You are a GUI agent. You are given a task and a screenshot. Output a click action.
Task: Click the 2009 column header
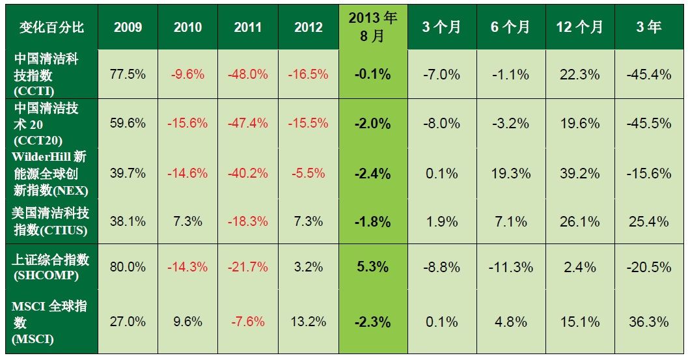pyautogui.click(x=128, y=27)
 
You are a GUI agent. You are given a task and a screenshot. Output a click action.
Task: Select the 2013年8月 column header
pyautogui.click(x=373, y=27)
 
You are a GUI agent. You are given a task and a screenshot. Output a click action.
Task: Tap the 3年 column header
pyautogui.click(x=648, y=27)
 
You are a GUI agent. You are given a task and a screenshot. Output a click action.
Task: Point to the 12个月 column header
pyautogui.click(x=579, y=27)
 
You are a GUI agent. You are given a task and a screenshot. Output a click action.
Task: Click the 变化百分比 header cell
pyautogui.click(x=51, y=27)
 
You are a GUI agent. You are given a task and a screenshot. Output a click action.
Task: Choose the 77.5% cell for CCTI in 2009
pyautogui.click(x=128, y=74)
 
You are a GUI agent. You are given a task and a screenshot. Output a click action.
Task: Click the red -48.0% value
pyautogui.click(x=247, y=74)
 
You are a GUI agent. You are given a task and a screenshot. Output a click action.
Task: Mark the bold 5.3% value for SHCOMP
pyautogui.click(x=373, y=267)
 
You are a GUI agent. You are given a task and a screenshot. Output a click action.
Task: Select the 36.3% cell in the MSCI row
pyautogui.click(x=648, y=322)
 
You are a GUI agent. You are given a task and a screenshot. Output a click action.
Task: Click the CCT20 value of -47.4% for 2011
pyautogui.click(x=247, y=123)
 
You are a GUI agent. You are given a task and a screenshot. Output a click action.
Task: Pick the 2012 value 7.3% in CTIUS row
pyautogui.click(x=309, y=221)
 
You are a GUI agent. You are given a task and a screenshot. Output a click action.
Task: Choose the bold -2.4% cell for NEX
pyautogui.click(x=373, y=173)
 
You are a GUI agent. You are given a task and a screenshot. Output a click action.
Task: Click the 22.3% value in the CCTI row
pyautogui.click(x=579, y=74)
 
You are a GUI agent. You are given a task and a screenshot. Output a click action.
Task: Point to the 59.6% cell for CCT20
pyautogui.click(x=128, y=123)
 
